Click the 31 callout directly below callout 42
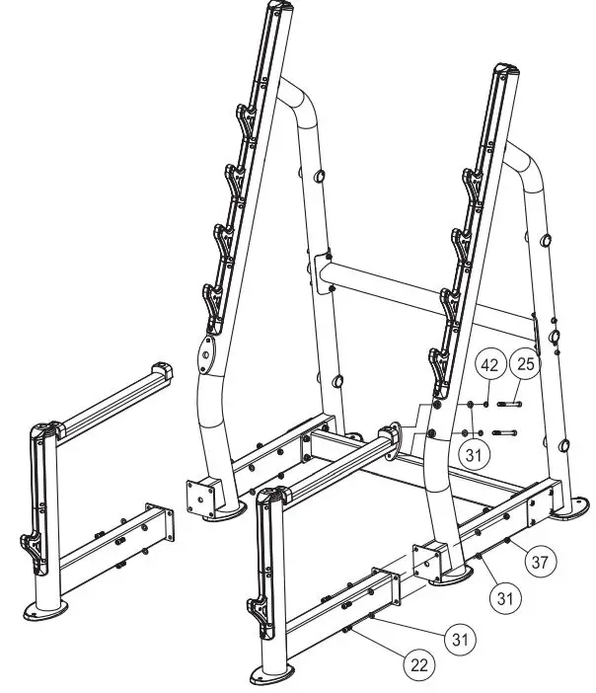477,455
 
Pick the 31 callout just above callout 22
458,639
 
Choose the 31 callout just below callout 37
505,596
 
